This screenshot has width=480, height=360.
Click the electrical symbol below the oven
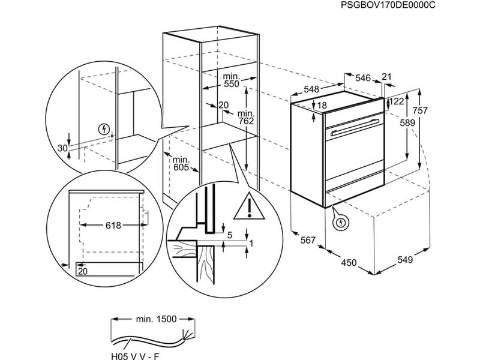pos(341,223)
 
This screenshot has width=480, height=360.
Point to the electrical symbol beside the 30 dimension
pos(105,129)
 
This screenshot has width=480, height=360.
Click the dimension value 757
pos(420,110)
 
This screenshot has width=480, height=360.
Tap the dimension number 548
pos(311,89)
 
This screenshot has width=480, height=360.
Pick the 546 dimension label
pos(364,77)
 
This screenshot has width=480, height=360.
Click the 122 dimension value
pos(396,101)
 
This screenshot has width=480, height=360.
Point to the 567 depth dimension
pos(308,240)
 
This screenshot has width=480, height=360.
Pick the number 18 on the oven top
pos(321,105)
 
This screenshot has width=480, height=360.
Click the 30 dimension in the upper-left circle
pos(62,148)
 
